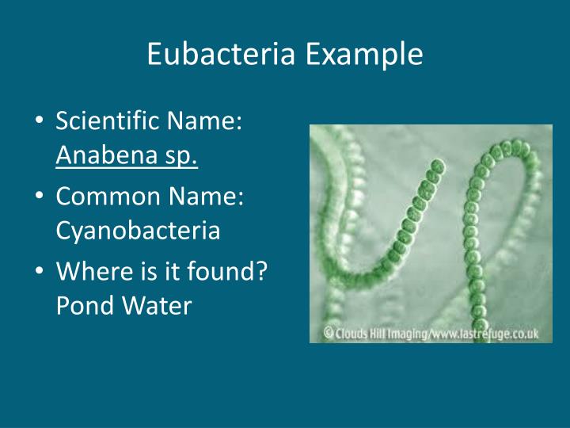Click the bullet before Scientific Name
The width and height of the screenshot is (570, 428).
pyautogui.click(x=40, y=123)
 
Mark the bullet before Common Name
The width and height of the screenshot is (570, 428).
pyautogui.click(x=40, y=197)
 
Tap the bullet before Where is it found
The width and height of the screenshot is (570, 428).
pyautogui.click(x=40, y=272)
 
